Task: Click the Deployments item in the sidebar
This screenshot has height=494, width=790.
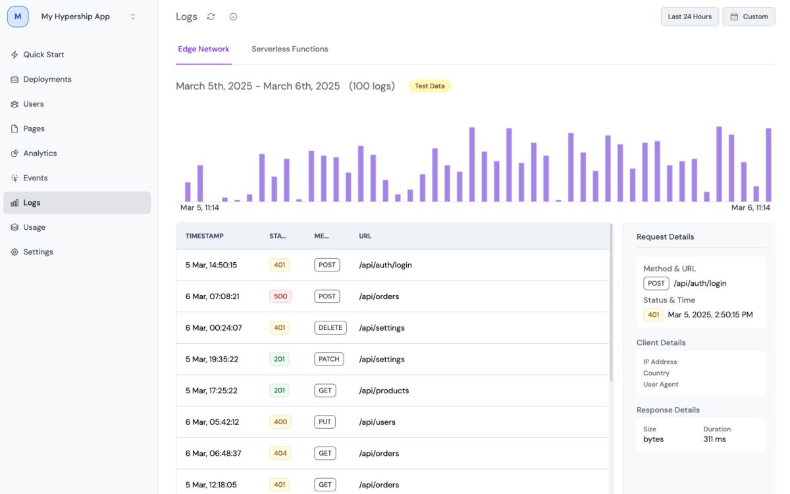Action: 47,79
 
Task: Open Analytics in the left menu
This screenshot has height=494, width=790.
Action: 39,153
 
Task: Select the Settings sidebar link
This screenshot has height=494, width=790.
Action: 38,252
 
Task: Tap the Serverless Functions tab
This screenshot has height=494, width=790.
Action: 290,49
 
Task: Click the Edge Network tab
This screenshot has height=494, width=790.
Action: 203,49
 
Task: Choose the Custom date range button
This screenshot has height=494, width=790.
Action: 749,17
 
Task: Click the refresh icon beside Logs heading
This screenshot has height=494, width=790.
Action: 211,17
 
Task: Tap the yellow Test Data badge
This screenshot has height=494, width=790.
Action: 429,86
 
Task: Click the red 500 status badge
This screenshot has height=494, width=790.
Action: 280,296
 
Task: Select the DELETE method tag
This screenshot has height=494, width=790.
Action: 330,328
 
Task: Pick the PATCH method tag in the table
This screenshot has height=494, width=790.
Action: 329,360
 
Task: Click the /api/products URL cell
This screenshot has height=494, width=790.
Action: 384,391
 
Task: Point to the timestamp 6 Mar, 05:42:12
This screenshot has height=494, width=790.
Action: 212,422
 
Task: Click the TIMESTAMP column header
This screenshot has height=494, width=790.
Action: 205,236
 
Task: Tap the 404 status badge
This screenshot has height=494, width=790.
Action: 280,453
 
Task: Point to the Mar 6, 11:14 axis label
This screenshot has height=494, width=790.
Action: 750,208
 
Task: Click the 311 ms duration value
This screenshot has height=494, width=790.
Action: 714,439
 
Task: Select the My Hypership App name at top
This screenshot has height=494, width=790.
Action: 76,17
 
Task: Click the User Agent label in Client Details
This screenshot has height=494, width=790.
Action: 660,385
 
